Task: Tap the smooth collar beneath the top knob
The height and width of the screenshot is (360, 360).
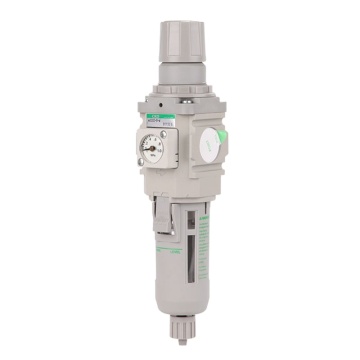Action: [181, 78]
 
